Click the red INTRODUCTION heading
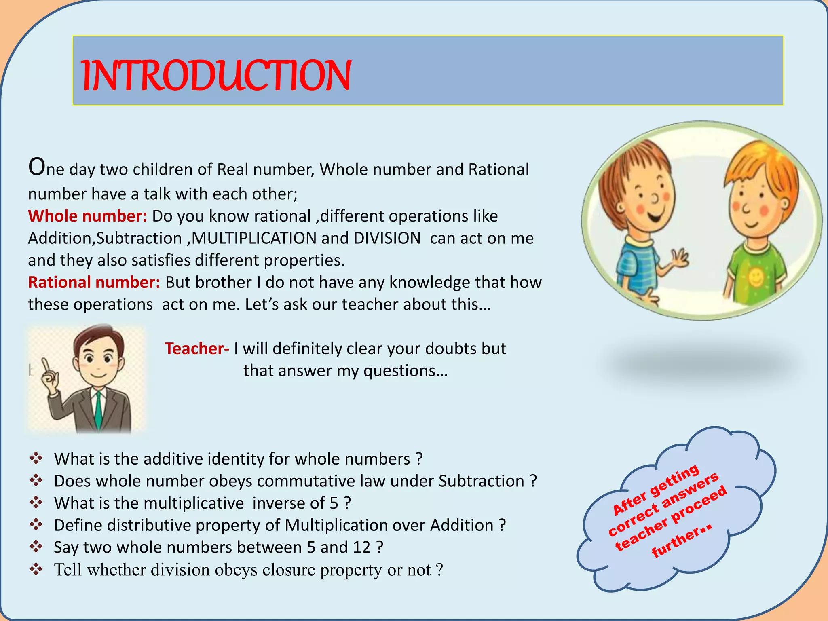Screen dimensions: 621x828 tap(216, 75)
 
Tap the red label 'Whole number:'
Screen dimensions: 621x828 tap(87, 216)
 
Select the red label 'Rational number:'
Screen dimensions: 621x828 tap(94, 283)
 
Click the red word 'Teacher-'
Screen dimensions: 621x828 tap(197, 349)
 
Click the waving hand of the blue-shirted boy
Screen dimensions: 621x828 tap(680, 259)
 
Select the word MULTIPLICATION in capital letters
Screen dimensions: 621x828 tap(254, 238)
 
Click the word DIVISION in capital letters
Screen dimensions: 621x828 tap(387, 238)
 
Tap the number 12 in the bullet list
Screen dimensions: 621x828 tap(361, 547)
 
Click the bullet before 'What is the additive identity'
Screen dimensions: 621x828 tap(36, 458)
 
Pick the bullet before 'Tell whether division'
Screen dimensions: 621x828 tap(36, 569)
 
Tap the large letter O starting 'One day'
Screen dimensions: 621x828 tap(36, 167)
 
